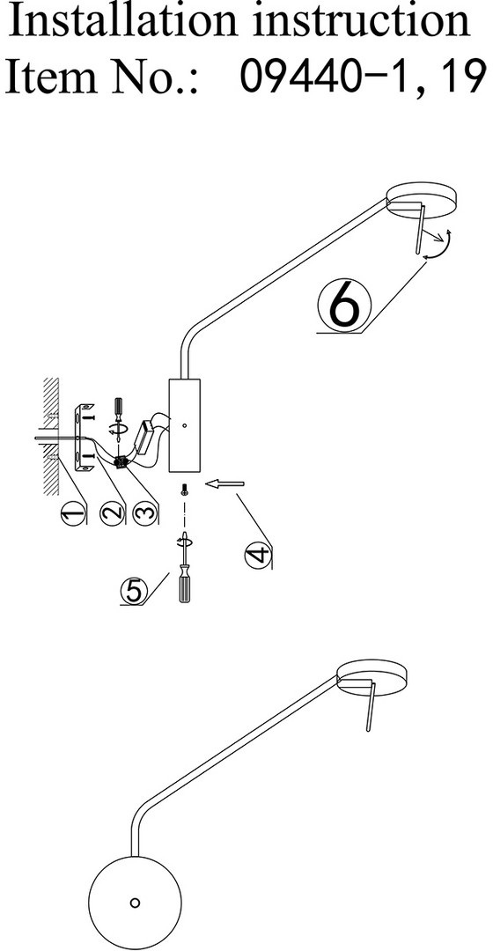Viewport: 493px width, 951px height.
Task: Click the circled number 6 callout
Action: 344,307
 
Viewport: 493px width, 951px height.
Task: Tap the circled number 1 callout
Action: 72,515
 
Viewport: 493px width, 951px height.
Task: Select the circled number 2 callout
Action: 112,514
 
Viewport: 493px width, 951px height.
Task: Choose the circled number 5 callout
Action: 134,591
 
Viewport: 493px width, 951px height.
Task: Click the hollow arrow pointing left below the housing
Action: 225,483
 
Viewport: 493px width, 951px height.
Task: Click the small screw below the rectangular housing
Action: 184,490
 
